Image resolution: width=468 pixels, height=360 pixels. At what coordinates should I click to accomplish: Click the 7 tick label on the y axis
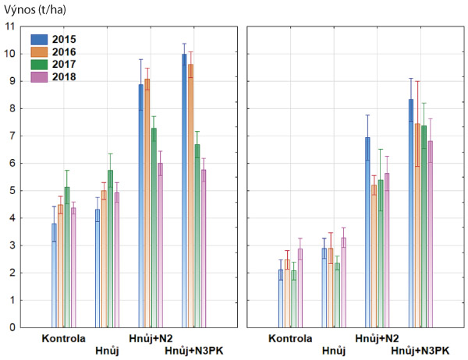[11, 136]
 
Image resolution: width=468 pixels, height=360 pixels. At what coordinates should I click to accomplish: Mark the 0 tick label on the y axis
[11, 328]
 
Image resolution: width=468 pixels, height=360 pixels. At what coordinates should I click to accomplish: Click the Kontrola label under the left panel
[64, 339]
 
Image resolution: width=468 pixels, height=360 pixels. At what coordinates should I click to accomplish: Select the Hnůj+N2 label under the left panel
[153, 339]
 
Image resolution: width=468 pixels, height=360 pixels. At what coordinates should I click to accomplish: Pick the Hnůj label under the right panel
[334, 351]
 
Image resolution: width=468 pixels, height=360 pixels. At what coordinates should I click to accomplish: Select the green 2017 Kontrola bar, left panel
[67, 257]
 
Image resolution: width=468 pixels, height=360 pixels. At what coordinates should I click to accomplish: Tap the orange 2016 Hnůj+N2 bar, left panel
[147, 203]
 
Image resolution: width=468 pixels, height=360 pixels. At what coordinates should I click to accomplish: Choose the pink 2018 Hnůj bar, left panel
[117, 260]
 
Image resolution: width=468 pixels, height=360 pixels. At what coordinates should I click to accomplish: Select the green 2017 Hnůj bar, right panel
[339, 295]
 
